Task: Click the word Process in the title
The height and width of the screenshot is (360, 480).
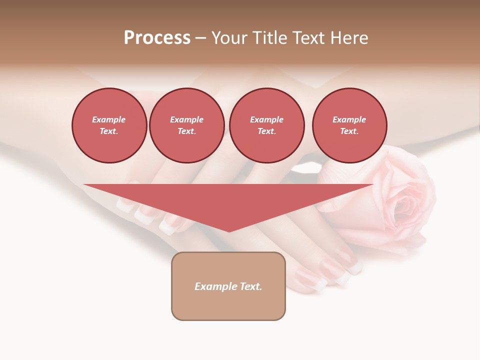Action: point(157,38)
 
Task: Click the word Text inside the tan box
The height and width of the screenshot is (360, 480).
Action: point(250,286)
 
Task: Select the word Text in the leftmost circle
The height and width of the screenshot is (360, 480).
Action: point(108,131)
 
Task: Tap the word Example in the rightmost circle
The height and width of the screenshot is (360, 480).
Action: point(349,119)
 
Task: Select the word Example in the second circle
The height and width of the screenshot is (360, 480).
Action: point(186,119)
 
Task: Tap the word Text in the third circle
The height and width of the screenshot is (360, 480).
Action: point(266,131)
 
